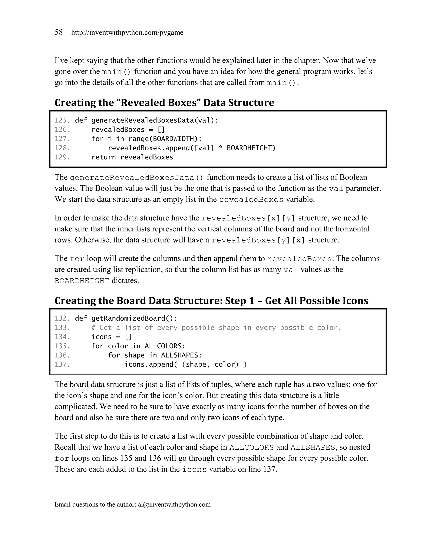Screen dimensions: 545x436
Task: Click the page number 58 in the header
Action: coord(59,32)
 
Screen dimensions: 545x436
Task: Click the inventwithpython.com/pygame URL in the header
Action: coord(127,33)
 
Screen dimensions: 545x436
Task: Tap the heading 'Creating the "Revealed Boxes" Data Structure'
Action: coord(164,103)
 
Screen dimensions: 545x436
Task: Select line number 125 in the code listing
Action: coord(62,120)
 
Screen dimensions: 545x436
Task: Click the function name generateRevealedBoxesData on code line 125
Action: coord(142,120)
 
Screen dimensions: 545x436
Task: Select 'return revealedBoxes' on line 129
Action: coord(132,157)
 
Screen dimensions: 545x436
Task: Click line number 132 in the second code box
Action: coord(62,318)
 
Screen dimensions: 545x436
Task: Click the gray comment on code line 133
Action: coord(216,328)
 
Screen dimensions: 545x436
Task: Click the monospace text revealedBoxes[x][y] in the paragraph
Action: coord(248,218)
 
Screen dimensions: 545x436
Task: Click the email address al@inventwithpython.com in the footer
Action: coord(174,504)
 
